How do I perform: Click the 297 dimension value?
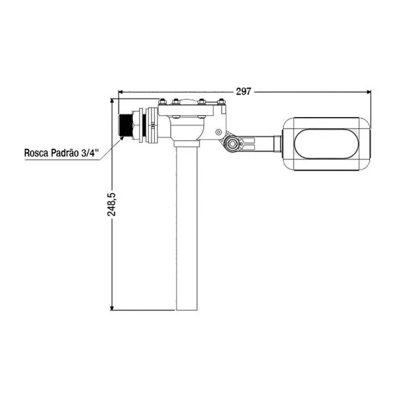tap(243, 91)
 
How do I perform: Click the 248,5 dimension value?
tap(111, 204)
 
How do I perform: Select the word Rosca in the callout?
tap(36, 153)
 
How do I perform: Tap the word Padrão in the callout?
tap(65, 152)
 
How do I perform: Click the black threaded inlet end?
tap(125, 126)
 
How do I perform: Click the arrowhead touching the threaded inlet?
tap(121, 138)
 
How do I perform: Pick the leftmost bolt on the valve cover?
tap(162, 102)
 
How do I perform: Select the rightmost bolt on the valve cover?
tap(221, 102)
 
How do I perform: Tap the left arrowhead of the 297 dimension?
tap(121, 92)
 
